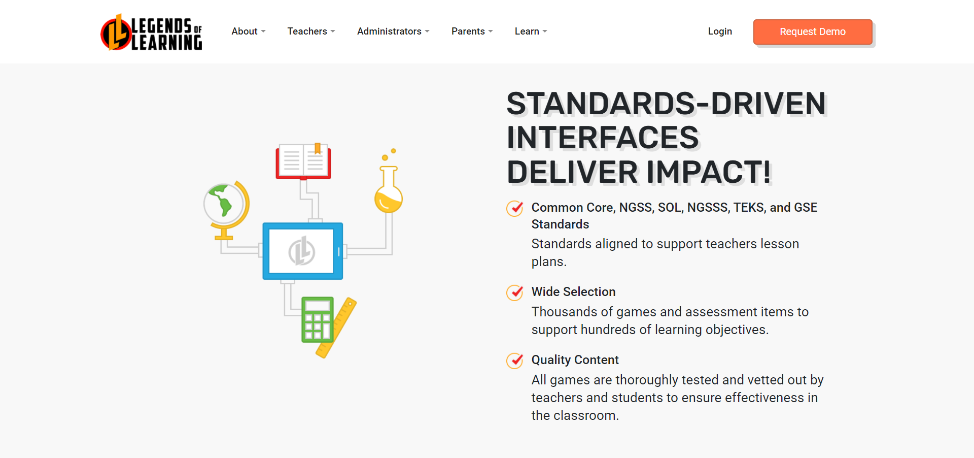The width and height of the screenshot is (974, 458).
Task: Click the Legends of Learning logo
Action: click(x=151, y=32)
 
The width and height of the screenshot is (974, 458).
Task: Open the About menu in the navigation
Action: click(x=248, y=31)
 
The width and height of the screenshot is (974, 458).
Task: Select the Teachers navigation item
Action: click(x=310, y=31)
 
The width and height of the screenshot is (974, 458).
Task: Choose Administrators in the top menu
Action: click(x=393, y=31)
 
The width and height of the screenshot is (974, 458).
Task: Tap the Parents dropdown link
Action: click(x=471, y=31)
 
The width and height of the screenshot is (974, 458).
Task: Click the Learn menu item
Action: click(x=530, y=31)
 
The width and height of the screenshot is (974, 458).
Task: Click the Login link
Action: click(x=719, y=31)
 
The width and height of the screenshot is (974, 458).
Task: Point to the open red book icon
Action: click(x=303, y=161)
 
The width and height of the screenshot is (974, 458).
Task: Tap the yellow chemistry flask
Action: click(x=389, y=193)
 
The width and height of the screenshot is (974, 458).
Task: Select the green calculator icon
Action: click(x=317, y=320)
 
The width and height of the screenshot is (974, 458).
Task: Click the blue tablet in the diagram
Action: click(x=302, y=251)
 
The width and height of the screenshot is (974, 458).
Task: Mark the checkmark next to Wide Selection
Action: click(x=515, y=292)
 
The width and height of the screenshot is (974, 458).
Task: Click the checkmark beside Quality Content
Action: click(x=515, y=361)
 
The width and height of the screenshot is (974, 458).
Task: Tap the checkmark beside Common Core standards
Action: click(x=515, y=208)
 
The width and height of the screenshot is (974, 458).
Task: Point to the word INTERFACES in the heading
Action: click(x=603, y=138)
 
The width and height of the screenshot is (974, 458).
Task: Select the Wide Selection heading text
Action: click(x=573, y=292)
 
